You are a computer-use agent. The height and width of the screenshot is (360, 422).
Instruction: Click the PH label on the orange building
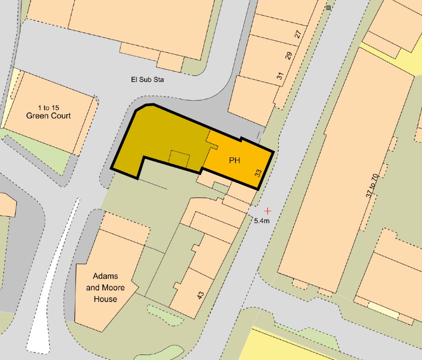point(234,160)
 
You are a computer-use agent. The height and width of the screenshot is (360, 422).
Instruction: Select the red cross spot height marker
point(268,210)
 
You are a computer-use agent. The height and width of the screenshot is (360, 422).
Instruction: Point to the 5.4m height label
point(263,221)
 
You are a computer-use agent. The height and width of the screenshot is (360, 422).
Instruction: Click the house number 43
point(200,295)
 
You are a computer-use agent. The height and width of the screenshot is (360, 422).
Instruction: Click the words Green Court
point(48,116)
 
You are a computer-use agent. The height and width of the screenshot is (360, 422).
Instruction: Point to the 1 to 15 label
point(48,108)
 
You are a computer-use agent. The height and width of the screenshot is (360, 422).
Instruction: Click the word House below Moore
point(105,299)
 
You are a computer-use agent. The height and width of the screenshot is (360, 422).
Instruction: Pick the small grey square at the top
point(328,8)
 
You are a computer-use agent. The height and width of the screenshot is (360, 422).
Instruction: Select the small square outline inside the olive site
point(179,159)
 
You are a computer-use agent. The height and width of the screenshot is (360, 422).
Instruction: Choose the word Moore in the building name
point(114,288)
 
